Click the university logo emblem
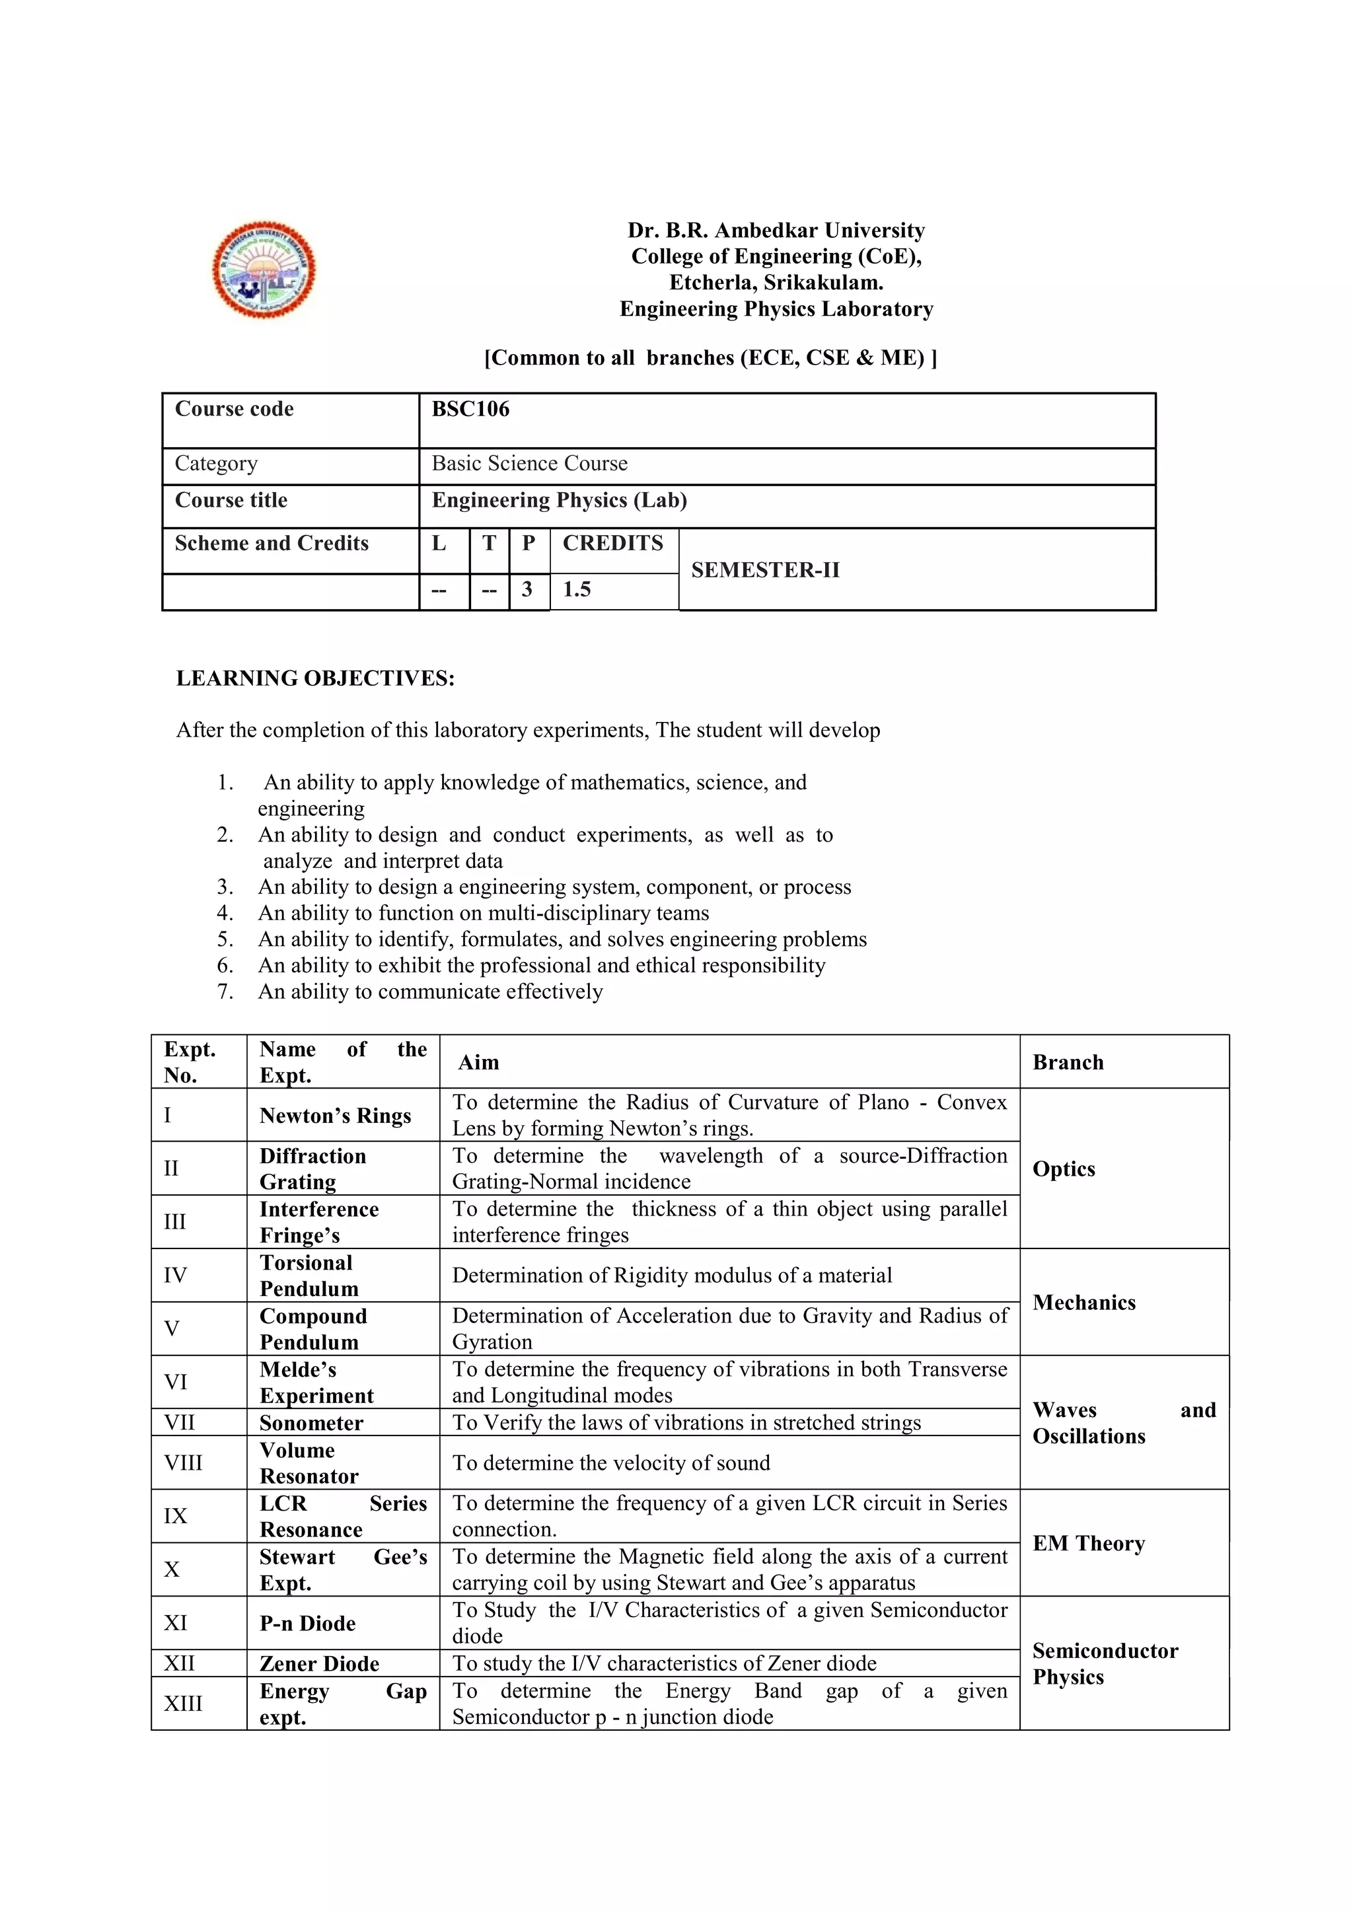pyautogui.click(x=264, y=269)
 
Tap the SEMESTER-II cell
pyautogui.click(x=765, y=570)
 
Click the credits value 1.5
pyautogui.click(x=577, y=590)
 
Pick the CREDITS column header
pyautogui.click(x=612, y=543)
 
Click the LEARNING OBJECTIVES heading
pyautogui.click(x=315, y=678)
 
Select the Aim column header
pyautogui.click(x=478, y=1062)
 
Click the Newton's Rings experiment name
pyautogui.click(x=335, y=1116)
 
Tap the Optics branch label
pyautogui.click(x=1063, y=1169)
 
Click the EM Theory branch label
pyautogui.click(x=1088, y=1543)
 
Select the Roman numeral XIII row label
pyautogui.click(x=182, y=1703)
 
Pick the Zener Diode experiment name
pyautogui.click(x=319, y=1663)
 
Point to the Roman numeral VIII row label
pyautogui.click(x=182, y=1463)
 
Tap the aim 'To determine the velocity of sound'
pyautogui.click(x=610, y=1463)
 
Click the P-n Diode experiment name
pyautogui.click(x=307, y=1623)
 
